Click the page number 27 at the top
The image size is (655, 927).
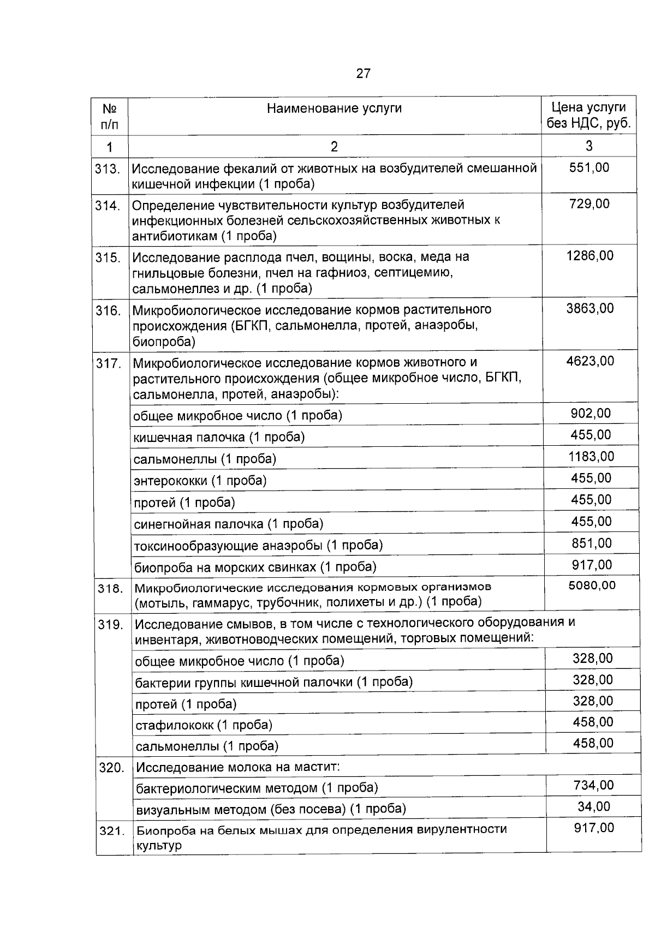click(x=364, y=74)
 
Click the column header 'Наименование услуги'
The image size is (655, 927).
click(x=334, y=108)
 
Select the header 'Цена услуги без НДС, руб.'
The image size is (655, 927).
click(x=588, y=116)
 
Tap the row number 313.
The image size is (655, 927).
click(x=108, y=169)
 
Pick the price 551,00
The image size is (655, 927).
click(x=589, y=168)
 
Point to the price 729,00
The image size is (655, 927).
click(x=589, y=204)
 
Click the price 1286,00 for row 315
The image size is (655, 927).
click(x=589, y=255)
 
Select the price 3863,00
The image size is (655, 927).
click(x=589, y=309)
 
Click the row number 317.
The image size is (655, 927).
click(x=109, y=363)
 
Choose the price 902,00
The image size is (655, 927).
click(x=591, y=414)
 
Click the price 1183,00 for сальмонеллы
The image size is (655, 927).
click(x=591, y=457)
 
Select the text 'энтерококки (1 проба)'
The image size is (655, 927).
click(x=200, y=481)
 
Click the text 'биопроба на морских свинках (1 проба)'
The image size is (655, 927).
click(x=255, y=567)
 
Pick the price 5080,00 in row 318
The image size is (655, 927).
click(x=592, y=585)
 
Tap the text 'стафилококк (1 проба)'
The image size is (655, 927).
click(x=204, y=725)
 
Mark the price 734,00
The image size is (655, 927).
click(x=593, y=785)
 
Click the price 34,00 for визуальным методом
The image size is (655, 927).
click(x=594, y=806)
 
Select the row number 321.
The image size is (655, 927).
click(x=112, y=832)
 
